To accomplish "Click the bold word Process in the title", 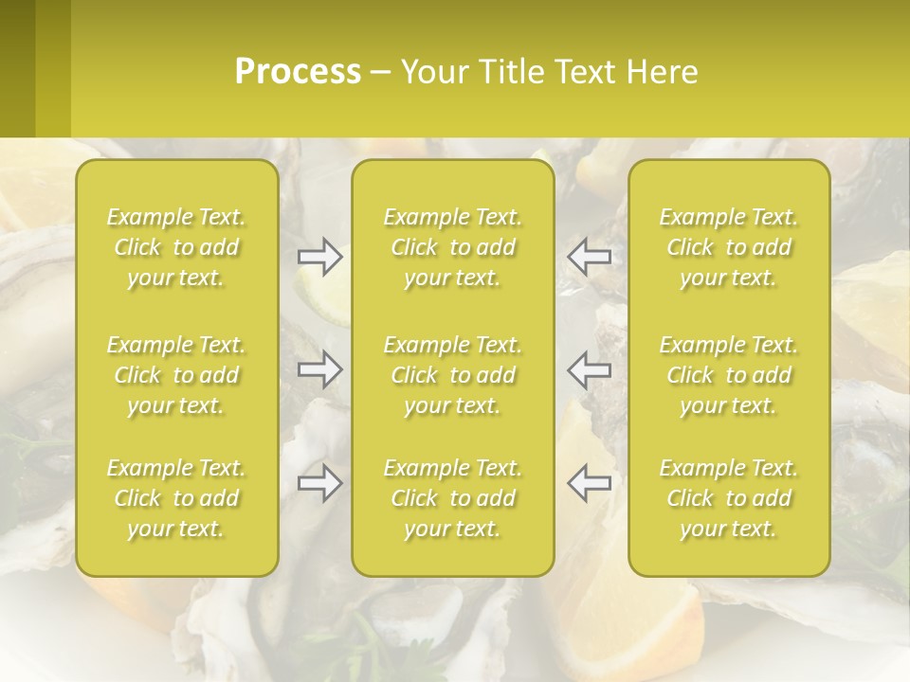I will tap(298, 72).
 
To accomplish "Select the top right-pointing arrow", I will tap(319, 256).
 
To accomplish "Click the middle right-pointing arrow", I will tap(319, 369).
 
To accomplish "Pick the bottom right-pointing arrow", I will tap(319, 484).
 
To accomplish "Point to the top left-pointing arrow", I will tap(589, 256).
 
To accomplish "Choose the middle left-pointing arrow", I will tap(589, 369).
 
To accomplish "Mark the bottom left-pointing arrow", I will tap(589, 484).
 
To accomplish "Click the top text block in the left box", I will tap(176, 247).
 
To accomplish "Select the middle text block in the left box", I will tap(176, 375).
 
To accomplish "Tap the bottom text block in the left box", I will tap(176, 498).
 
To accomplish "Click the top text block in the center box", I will tap(453, 247).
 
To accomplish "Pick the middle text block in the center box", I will tap(453, 375).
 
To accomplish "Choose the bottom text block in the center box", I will tap(453, 498).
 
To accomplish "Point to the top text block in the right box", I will tap(729, 247).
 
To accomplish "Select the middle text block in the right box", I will tap(729, 375).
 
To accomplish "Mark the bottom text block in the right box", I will tap(729, 498).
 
